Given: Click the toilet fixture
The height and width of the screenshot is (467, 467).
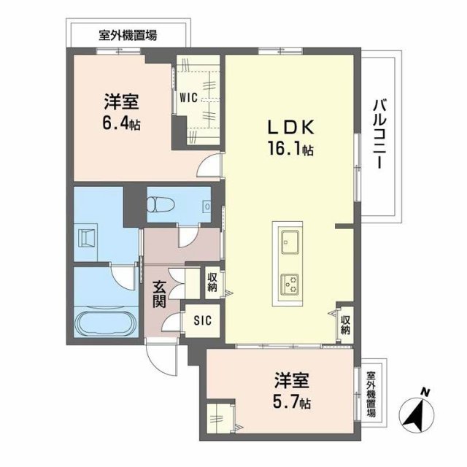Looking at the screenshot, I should tap(161, 206).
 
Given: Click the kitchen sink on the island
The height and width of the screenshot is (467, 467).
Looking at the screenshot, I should tap(289, 239).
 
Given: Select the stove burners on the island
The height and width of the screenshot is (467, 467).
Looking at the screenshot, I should tap(289, 281).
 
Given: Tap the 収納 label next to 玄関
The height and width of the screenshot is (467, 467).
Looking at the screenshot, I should tap(212, 281).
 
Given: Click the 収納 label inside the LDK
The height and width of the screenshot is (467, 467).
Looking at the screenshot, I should tap(345, 324).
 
